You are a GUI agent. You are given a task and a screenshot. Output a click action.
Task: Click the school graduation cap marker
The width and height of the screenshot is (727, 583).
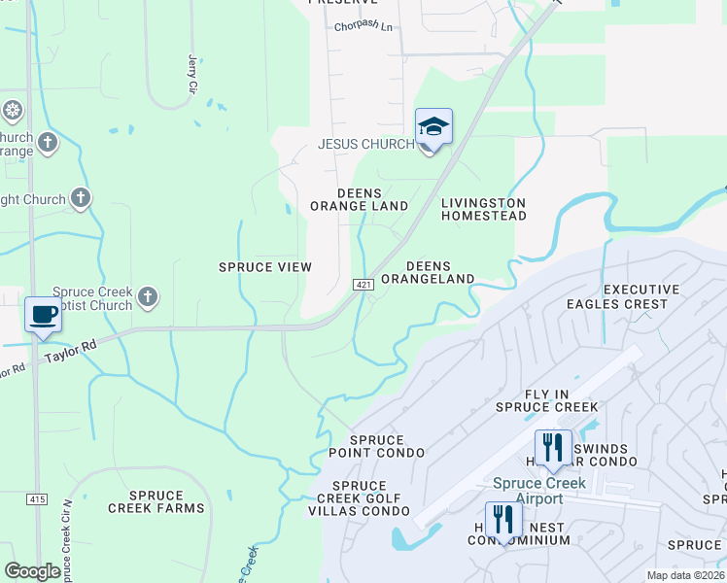(x=434, y=127)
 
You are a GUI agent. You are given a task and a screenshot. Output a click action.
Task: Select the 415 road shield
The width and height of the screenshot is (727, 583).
(x=37, y=499)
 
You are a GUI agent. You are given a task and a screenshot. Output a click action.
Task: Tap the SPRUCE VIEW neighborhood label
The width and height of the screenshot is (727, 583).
(x=264, y=267)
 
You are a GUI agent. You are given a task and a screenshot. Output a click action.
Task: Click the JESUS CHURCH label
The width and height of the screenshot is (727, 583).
(x=365, y=144)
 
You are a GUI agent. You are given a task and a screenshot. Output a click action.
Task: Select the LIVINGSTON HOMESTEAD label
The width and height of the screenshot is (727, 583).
(x=483, y=209)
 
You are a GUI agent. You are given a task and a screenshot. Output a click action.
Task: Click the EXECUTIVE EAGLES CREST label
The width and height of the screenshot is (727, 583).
(x=636, y=296)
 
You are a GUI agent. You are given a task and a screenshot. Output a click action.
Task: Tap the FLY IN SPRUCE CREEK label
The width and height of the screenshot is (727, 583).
(x=546, y=399)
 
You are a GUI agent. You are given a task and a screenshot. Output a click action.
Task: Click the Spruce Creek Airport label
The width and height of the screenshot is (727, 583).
(x=538, y=491)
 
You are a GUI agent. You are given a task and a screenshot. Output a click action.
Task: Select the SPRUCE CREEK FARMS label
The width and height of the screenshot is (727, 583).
(x=156, y=501)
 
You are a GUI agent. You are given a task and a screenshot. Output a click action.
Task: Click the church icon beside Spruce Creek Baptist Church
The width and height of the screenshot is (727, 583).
(x=148, y=296)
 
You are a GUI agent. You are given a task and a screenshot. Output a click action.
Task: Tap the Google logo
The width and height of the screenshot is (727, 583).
(x=32, y=571)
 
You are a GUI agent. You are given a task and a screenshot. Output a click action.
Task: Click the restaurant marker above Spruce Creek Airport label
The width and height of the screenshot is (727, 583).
(x=553, y=448)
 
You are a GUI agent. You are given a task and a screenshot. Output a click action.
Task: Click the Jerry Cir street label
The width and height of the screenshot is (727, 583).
(x=191, y=74)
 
